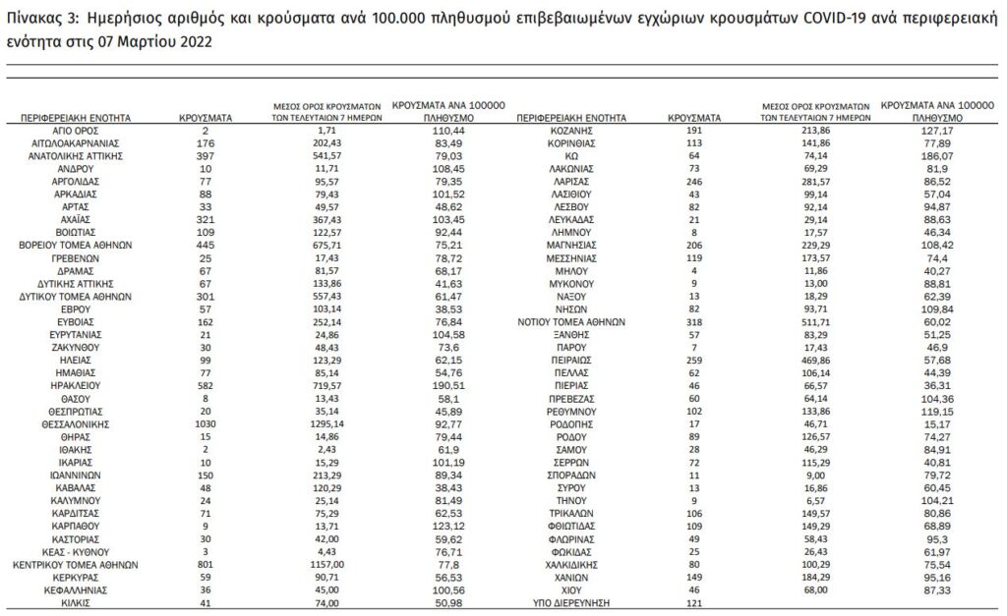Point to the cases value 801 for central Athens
tap(206, 566)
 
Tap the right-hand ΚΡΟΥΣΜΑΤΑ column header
tap(694, 117)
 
